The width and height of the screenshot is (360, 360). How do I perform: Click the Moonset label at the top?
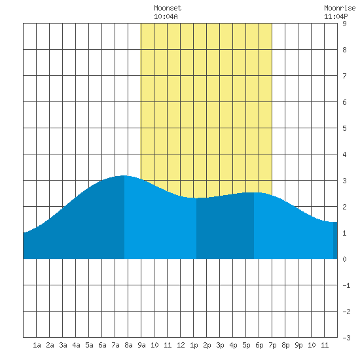[x=168, y=8]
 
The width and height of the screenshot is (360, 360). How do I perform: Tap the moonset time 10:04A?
[x=166, y=16]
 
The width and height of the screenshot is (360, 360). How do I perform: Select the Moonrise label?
[x=340, y=8]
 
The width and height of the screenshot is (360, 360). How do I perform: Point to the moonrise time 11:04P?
[x=336, y=16]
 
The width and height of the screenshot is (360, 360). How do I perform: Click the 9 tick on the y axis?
[x=344, y=24]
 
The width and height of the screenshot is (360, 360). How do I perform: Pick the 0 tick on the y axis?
[x=344, y=259]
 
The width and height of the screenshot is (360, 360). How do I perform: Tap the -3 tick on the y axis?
[x=346, y=338]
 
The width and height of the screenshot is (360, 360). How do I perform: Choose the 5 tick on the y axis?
[x=344, y=128]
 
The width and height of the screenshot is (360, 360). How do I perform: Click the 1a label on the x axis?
[x=37, y=345]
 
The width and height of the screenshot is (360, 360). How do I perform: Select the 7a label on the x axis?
[x=115, y=345]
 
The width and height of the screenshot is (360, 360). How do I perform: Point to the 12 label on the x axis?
[x=181, y=345]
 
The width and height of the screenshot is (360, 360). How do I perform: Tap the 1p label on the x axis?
[x=194, y=345]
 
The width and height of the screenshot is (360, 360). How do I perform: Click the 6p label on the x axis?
[x=259, y=345]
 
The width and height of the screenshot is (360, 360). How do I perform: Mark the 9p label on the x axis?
[x=298, y=345]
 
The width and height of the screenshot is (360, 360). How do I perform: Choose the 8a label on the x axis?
[x=128, y=345]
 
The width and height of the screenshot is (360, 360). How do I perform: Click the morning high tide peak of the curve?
[x=124, y=175]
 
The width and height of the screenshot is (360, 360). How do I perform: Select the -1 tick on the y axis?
[x=346, y=285]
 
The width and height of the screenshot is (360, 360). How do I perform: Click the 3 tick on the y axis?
[x=344, y=181]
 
